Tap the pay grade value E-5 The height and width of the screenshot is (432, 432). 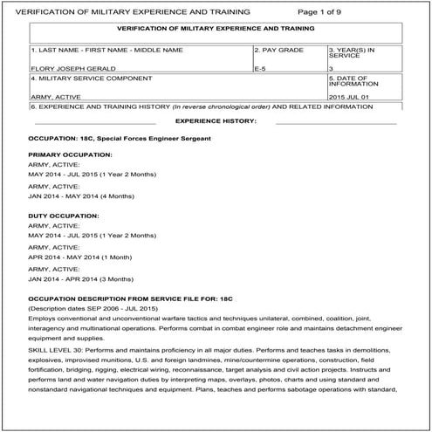click(261, 66)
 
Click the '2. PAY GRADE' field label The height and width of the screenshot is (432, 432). click(278, 50)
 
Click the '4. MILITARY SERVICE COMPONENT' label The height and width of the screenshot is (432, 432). click(80, 79)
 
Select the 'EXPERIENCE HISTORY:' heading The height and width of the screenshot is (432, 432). click(216, 119)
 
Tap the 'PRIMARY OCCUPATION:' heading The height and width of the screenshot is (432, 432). click(70, 154)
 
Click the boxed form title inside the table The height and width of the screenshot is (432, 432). click(216, 28)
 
